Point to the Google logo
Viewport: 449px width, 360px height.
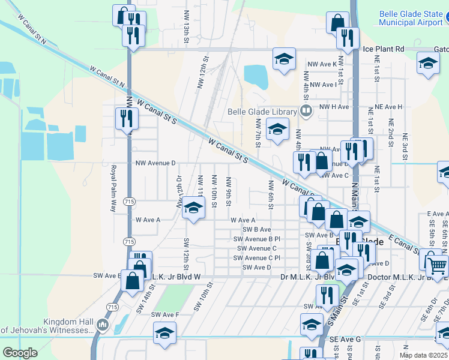pos(20,353)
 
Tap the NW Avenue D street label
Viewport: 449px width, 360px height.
pos(155,163)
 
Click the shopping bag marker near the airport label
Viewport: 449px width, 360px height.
pos(337,22)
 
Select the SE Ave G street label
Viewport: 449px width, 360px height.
pos(345,340)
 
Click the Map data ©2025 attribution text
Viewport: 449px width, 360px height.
pos(423,355)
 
